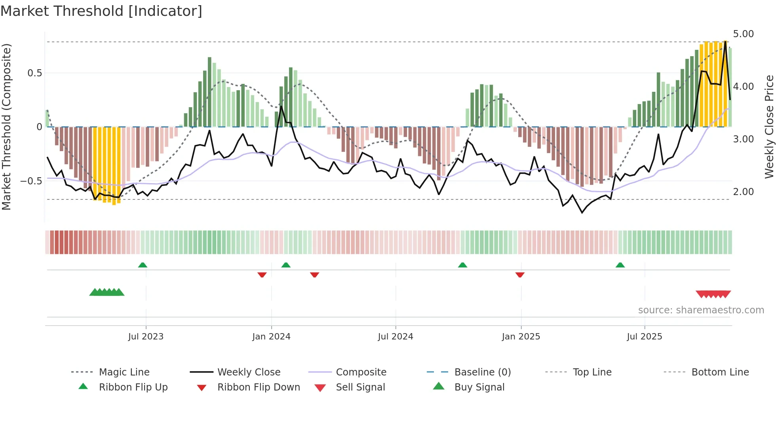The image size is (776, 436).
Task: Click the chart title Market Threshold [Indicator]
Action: [x=101, y=11]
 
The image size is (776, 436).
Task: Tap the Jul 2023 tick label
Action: [x=146, y=337]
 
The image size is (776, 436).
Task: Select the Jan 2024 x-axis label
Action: [x=271, y=337]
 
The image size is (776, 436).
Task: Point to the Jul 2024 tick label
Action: [x=395, y=337]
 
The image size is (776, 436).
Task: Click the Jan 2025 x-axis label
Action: [x=521, y=337]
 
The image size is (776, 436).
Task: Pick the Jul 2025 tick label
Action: [x=644, y=337]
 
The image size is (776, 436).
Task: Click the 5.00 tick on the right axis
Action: [x=743, y=34]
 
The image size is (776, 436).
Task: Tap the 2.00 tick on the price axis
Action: [x=743, y=192]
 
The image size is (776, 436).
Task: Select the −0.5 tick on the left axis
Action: [x=31, y=181]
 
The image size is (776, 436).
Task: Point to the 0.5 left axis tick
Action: [x=34, y=73]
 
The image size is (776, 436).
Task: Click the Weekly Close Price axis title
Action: [x=769, y=127]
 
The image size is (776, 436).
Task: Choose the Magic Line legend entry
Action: [x=124, y=372]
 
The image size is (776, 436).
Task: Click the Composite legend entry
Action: [x=361, y=372]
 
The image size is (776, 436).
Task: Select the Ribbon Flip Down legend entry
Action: [x=259, y=387]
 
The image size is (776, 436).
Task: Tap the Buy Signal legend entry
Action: [x=479, y=387]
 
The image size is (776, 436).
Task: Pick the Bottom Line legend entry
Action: [x=720, y=372]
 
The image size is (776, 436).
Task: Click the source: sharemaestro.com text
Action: [x=701, y=310]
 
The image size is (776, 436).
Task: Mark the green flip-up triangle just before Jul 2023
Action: [x=143, y=265]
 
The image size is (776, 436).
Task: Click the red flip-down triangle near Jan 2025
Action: [x=520, y=275]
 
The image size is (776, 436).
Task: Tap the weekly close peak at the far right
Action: [x=725, y=42]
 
